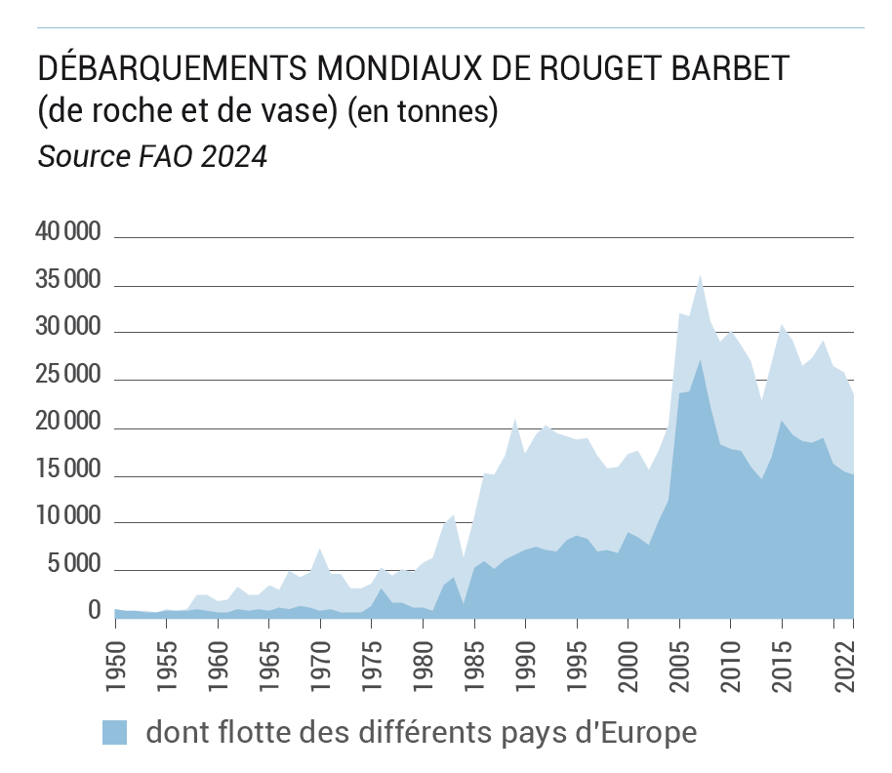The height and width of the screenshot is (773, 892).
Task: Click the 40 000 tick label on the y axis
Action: (67, 232)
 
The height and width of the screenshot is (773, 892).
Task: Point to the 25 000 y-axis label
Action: (67, 376)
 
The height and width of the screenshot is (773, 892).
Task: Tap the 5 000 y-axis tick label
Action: (73, 565)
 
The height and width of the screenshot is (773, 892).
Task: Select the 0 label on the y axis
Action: (95, 611)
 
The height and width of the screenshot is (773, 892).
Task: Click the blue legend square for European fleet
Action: (114, 732)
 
